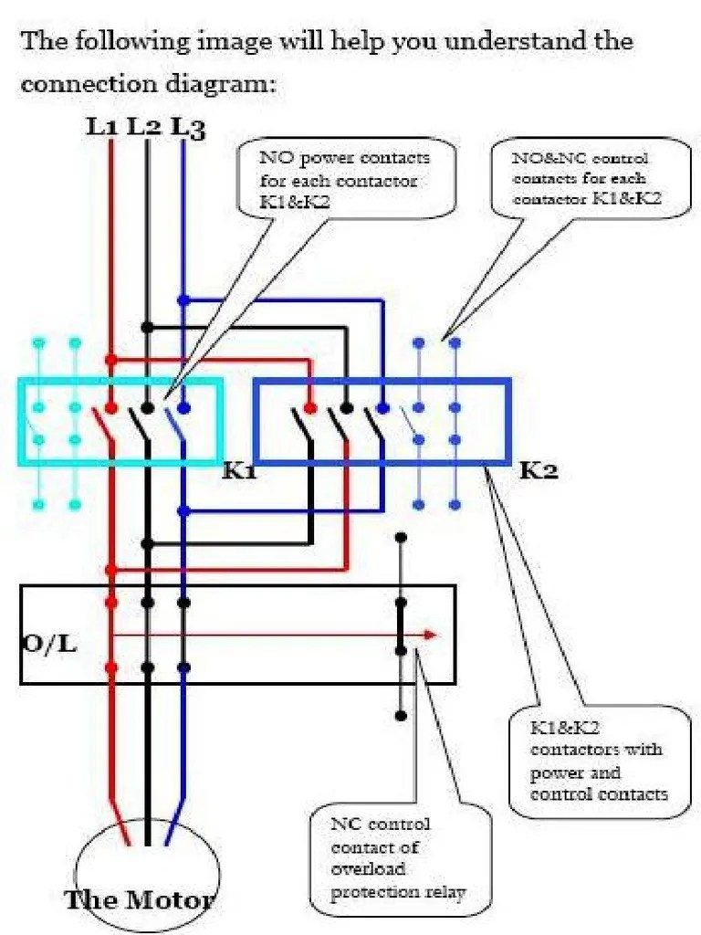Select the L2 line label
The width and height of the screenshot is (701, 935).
[x=143, y=127]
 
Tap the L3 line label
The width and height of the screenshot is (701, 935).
[x=187, y=128]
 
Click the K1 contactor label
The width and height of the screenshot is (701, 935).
[x=240, y=472]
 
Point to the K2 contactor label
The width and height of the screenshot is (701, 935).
[x=539, y=472]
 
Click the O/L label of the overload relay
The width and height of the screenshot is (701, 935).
[x=49, y=643]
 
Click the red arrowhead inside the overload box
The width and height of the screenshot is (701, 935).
[x=431, y=636]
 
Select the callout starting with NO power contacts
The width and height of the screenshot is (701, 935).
[x=345, y=179]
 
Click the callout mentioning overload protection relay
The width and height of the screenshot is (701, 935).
[x=399, y=857]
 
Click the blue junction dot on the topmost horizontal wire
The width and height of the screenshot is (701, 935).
[x=183, y=299]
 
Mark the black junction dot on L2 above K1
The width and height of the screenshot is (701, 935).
[x=147, y=327]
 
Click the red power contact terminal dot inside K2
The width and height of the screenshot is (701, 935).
[x=310, y=407]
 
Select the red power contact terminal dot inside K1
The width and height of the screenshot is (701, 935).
[x=111, y=407]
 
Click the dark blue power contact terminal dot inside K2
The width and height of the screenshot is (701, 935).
[x=382, y=407]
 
